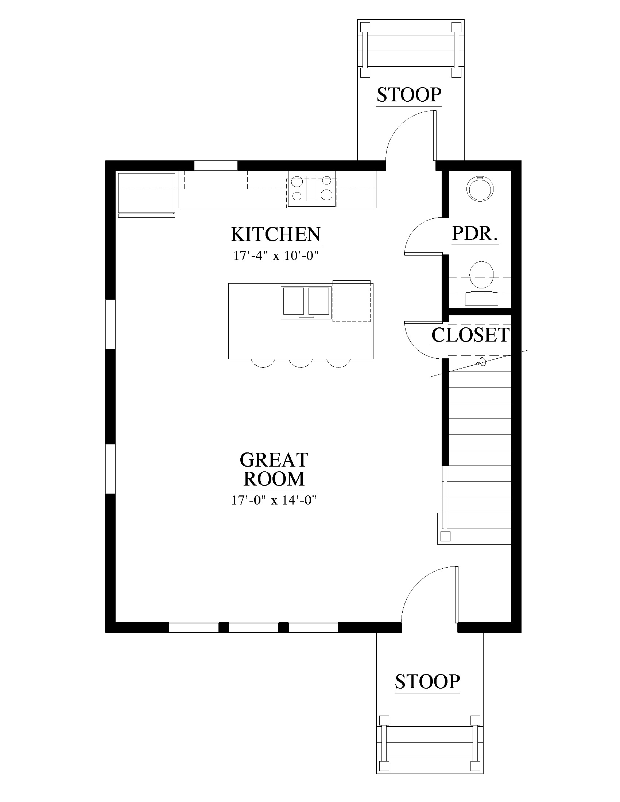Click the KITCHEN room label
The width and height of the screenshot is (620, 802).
(276, 234)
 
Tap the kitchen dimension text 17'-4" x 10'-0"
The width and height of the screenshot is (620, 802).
(275, 256)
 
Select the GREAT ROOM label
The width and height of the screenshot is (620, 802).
(274, 469)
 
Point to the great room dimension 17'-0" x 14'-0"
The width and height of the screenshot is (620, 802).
(274, 500)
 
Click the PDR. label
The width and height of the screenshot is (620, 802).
(475, 233)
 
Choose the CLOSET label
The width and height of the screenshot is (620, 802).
(470, 335)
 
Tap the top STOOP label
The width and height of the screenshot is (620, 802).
(409, 95)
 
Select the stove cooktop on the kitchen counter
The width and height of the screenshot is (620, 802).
(311, 189)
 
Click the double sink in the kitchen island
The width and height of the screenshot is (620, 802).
(305, 303)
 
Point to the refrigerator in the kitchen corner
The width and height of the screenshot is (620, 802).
(146, 195)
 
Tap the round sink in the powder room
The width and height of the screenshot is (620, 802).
(480, 189)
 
